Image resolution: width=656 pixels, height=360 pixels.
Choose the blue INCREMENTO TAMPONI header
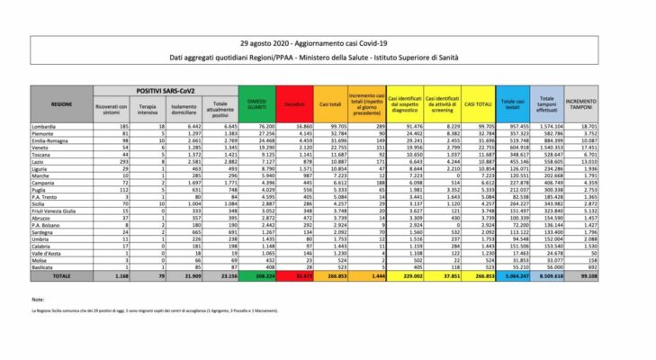coord(584,104)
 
